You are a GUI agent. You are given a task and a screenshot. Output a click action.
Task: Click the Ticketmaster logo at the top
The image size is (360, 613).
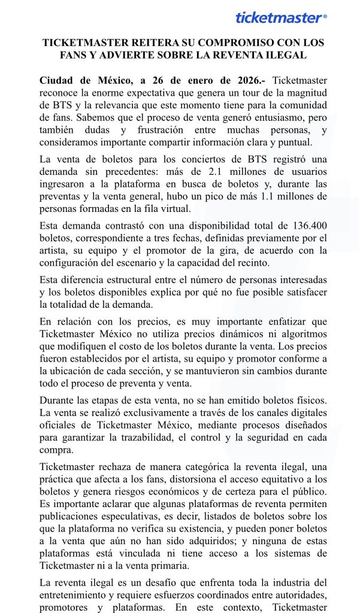click(x=280, y=18)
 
